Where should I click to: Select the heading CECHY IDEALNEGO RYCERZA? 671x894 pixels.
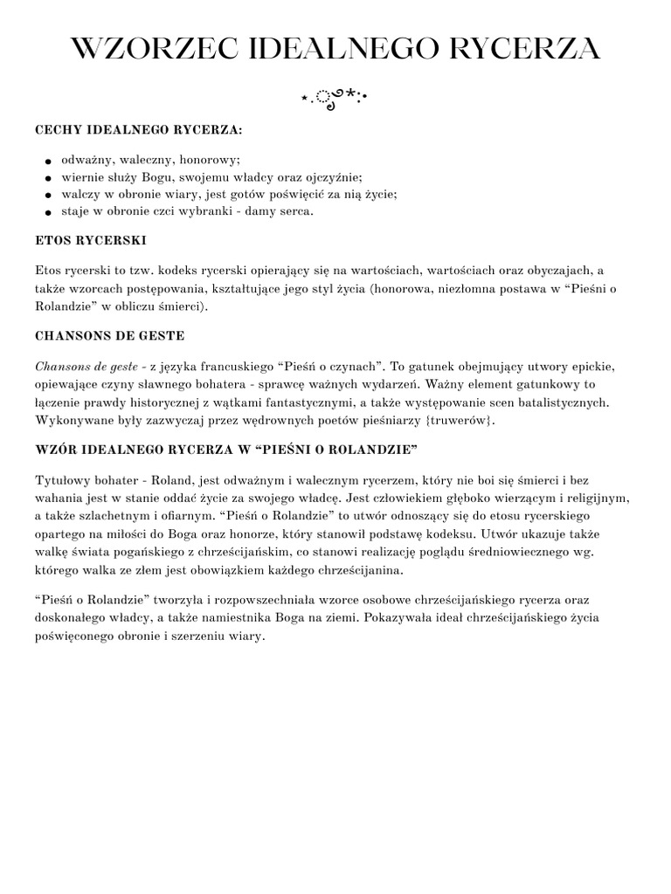coord(139,129)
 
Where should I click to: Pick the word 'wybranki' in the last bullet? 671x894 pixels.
coord(204,210)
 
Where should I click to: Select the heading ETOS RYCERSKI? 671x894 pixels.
coord(90,238)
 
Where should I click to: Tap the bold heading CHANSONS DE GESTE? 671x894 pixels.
coord(109,334)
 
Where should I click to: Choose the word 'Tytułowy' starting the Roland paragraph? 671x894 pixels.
coord(61,481)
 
